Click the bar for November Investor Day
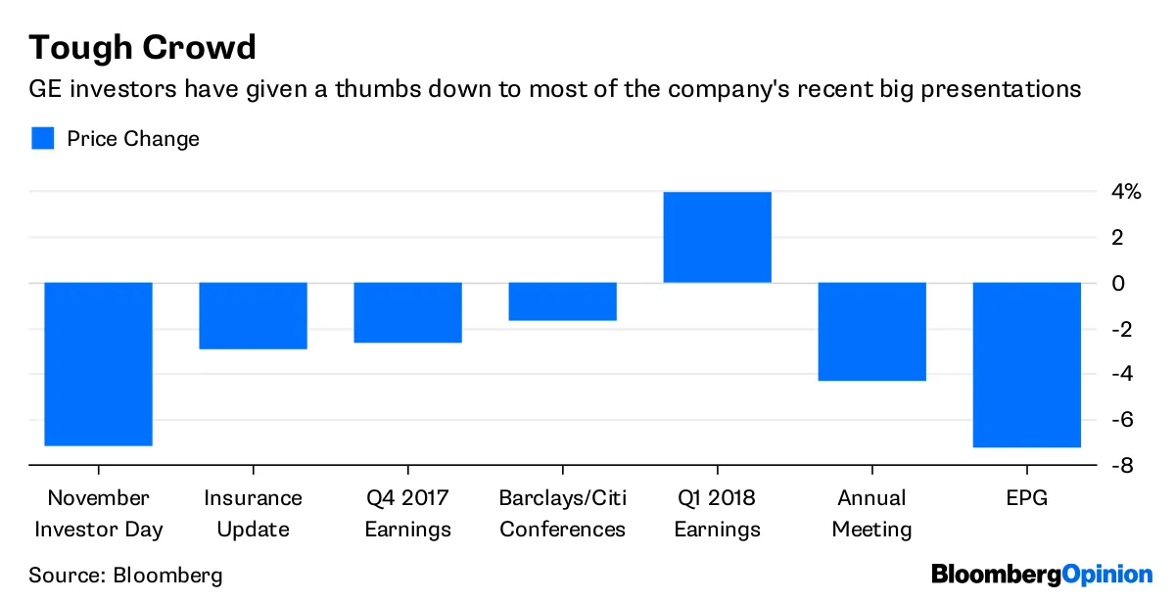98,363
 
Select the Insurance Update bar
253,315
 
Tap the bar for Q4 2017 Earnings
407,312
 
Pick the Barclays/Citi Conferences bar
562,301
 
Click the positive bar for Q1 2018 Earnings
717,237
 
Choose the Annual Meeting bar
871,331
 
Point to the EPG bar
1026,364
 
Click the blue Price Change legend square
42,138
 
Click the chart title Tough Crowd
143,47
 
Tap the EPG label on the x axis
1026,498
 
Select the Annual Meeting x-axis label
871,514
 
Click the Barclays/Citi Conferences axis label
562,514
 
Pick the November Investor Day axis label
98,514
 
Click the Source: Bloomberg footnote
125,575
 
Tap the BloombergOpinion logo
1042,575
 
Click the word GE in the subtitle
46,90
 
